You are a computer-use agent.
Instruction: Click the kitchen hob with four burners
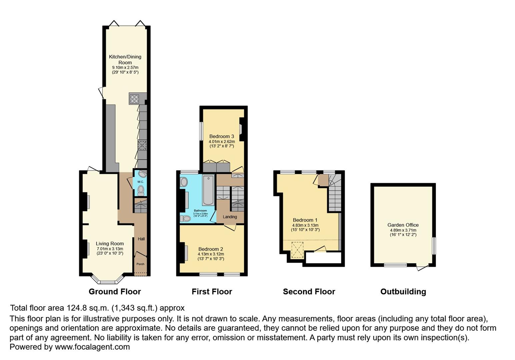[134, 99]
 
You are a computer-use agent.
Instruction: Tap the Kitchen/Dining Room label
[125, 59]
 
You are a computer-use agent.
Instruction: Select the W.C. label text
[140, 182]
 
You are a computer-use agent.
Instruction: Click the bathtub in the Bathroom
[208, 190]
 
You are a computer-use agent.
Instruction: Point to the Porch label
[140, 264]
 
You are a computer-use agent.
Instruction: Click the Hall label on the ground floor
[141, 239]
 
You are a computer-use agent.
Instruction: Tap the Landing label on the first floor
[230, 217]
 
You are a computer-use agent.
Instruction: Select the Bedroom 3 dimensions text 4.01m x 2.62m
[221, 141]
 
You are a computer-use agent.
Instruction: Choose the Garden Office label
[403, 225]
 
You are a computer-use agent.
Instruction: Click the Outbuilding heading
[403, 292]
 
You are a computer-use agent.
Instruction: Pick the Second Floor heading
[309, 292]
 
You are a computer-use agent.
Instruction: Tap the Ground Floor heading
[115, 292]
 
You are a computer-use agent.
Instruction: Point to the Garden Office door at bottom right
[422, 267]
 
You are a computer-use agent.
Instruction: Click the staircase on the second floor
[335, 197]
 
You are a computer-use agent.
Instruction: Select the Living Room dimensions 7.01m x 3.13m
[110, 249]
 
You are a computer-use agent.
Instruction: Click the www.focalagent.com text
[92, 347]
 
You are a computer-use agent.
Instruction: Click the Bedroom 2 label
[210, 249]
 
